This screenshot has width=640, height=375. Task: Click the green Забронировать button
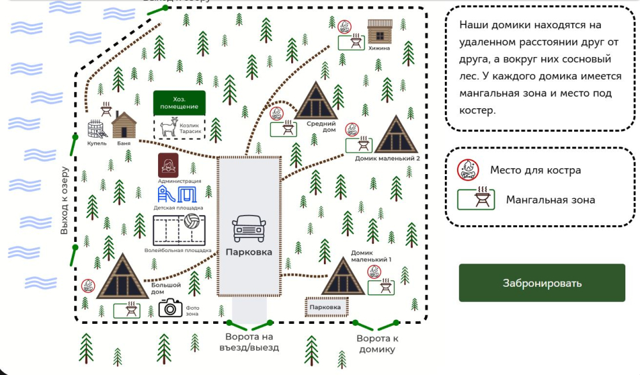pos(541,283)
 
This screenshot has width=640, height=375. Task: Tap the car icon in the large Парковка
pos(249,228)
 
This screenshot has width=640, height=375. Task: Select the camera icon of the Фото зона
pos(170,308)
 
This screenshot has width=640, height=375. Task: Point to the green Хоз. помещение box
pos(179,103)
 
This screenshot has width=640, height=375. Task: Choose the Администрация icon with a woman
pos(168,165)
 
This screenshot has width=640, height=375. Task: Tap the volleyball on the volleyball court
pos(192,221)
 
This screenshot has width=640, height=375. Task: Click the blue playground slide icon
pos(166,195)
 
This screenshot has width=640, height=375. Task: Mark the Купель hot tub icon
pos(97,129)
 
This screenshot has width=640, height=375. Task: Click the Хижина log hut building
pos(380,31)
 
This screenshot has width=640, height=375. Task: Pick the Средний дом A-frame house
pos(316,100)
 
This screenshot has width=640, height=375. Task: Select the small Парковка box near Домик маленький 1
pos(326,307)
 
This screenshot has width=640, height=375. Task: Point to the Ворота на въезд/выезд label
pos(249,342)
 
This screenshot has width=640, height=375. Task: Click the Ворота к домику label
pos(377,344)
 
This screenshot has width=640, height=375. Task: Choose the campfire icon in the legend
pos(468,170)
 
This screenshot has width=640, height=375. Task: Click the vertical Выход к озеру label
pos(64,200)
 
